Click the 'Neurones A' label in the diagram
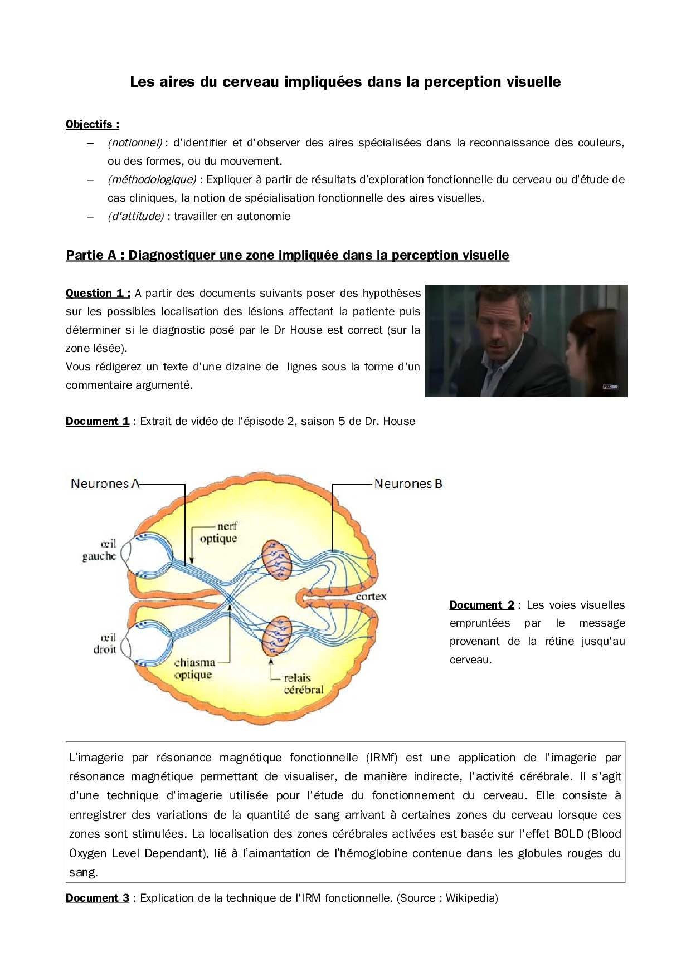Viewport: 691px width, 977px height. (x=105, y=483)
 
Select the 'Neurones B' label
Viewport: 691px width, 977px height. (x=408, y=483)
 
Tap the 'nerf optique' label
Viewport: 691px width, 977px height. (x=219, y=533)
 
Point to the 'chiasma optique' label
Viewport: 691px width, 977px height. (x=194, y=668)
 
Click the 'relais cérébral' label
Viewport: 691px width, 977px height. (x=303, y=684)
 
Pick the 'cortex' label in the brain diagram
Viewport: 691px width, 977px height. (x=371, y=597)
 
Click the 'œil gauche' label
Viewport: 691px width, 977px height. (x=100, y=550)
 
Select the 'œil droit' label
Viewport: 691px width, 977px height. (x=105, y=643)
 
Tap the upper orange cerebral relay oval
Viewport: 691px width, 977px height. (x=277, y=560)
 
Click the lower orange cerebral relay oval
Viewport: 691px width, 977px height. (x=277, y=636)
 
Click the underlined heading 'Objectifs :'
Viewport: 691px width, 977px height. (x=93, y=124)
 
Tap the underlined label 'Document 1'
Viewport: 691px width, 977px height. (x=98, y=421)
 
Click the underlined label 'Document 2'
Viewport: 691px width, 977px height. (x=481, y=605)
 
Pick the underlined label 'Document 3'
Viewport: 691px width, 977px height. (x=98, y=898)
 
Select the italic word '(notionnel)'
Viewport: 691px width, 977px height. (x=135, y=143)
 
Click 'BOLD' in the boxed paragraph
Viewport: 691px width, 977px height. (x=568, y=834)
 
